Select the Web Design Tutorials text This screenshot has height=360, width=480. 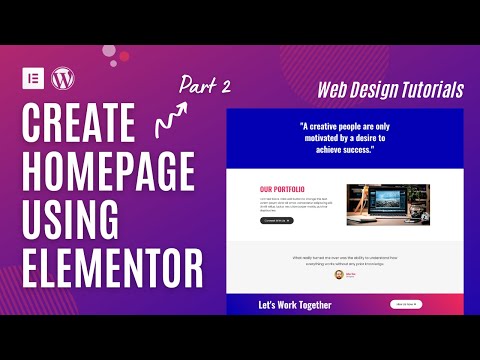[390, 89]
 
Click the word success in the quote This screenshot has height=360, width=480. [353, 149]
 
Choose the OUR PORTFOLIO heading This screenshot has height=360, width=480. [282, 189]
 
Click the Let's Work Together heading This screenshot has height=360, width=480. [295, 304]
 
